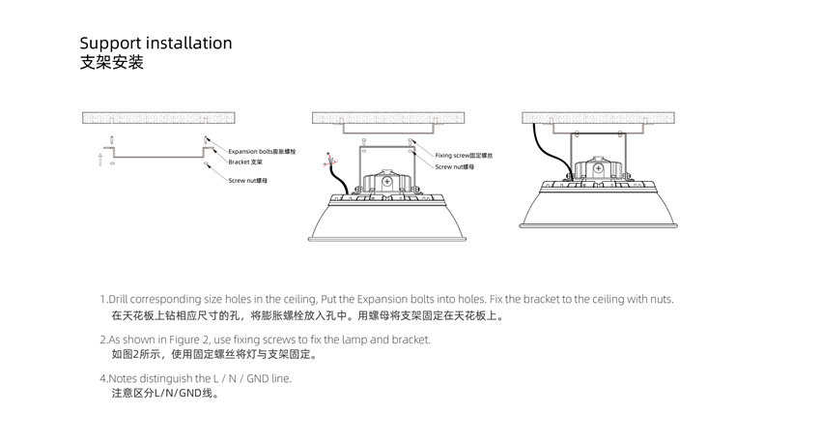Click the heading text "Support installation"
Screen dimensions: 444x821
156,44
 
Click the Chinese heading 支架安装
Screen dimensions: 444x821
111,64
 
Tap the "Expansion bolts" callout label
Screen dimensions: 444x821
262,152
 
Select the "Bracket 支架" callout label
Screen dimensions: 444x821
245,162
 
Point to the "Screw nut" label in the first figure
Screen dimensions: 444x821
247,181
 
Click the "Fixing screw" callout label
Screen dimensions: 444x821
464,156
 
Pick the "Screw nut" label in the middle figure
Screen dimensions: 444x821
454,166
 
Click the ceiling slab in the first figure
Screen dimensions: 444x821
157,117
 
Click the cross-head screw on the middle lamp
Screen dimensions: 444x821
387,178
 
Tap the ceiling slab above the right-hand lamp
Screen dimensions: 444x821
598,117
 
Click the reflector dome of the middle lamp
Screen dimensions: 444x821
387,222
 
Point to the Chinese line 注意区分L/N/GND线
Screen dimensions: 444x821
164,394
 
